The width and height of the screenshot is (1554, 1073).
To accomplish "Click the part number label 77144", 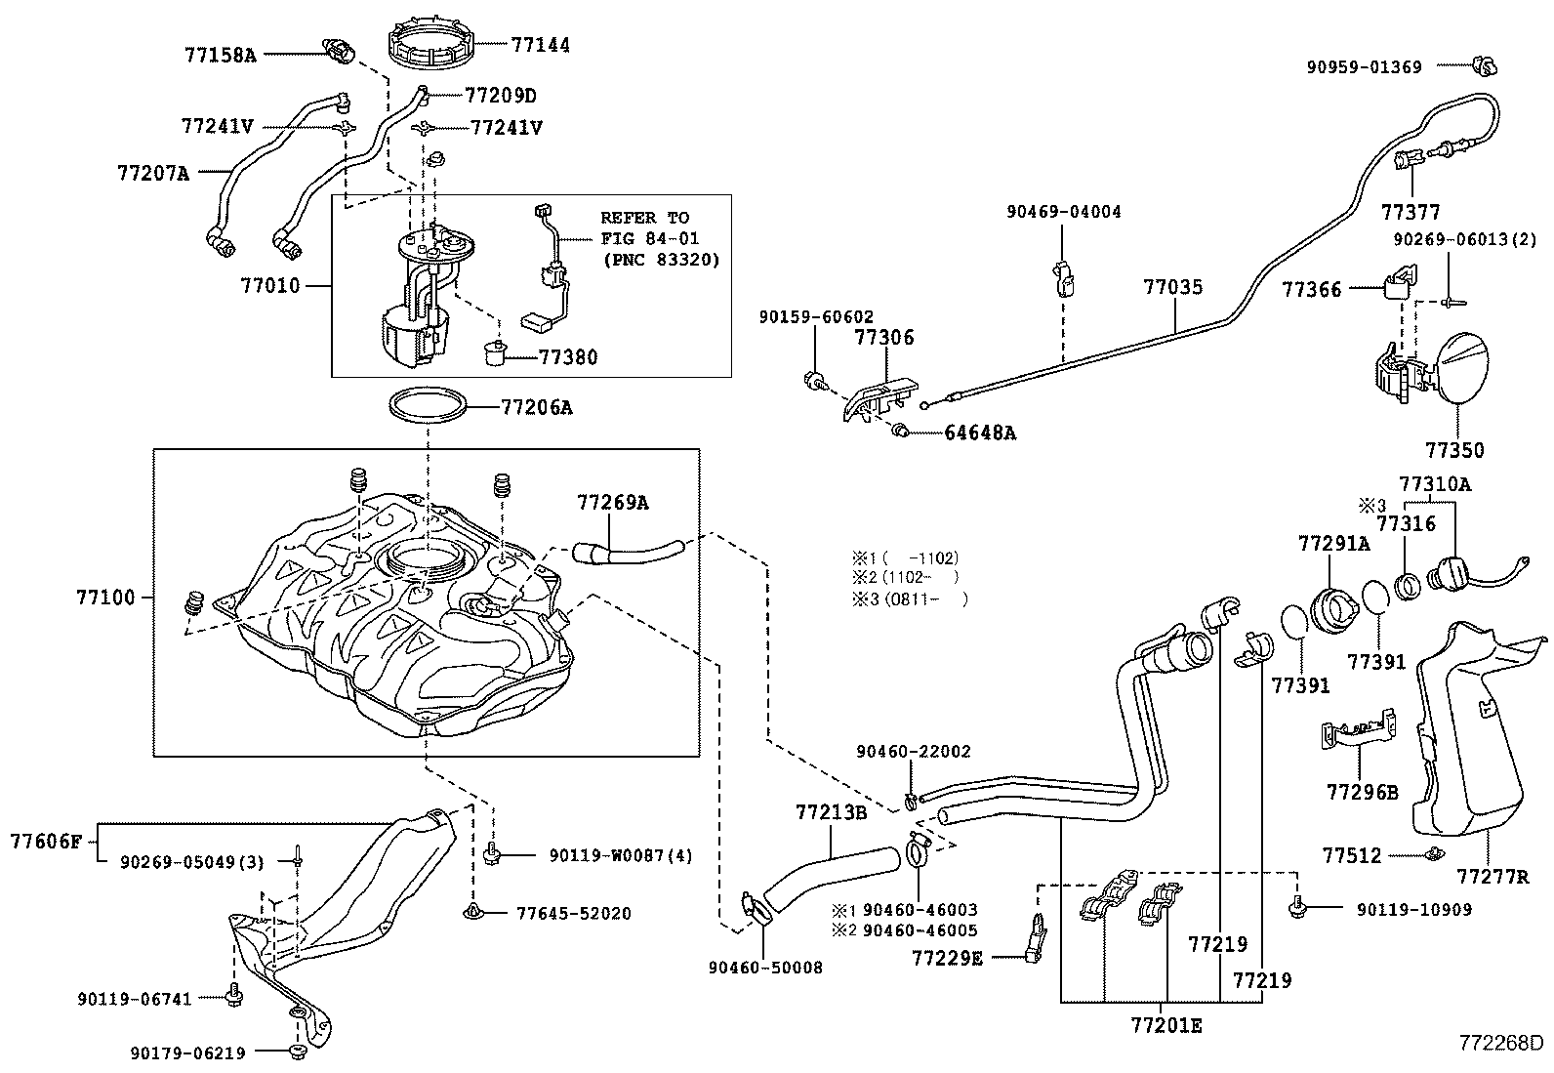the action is [x=541, y=45].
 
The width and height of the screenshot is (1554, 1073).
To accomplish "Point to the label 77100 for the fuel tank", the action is [x=105, y=598].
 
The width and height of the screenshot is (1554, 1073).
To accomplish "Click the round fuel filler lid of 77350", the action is [x=1459, y=368].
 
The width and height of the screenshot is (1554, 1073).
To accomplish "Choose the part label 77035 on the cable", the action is [x=1173, y=287].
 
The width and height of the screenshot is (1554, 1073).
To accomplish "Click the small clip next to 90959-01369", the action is [x=1485, y=66].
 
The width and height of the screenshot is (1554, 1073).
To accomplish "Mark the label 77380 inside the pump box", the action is [x=568, y=356].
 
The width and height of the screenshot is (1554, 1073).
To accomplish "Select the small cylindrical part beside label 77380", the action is [x=495, y=352].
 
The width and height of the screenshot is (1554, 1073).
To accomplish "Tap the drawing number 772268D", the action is [x=1500, y=1043].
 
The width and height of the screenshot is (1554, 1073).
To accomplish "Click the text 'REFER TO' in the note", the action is [x=644, y=218].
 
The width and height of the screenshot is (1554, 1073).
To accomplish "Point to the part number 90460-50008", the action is [x=765, y=968].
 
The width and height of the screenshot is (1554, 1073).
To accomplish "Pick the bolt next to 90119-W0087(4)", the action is [x=492, y=853].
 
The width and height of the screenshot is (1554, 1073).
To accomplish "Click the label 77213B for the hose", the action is [x=831, y=811].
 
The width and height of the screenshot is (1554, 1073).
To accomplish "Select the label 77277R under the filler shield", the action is [x=1493, y=877].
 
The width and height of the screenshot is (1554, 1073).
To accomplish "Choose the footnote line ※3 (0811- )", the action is [x=910, y=598].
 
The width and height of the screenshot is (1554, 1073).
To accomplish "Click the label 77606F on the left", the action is [x=46, y=842].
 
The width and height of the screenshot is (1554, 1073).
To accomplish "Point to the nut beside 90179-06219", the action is [x=297, y=1052].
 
